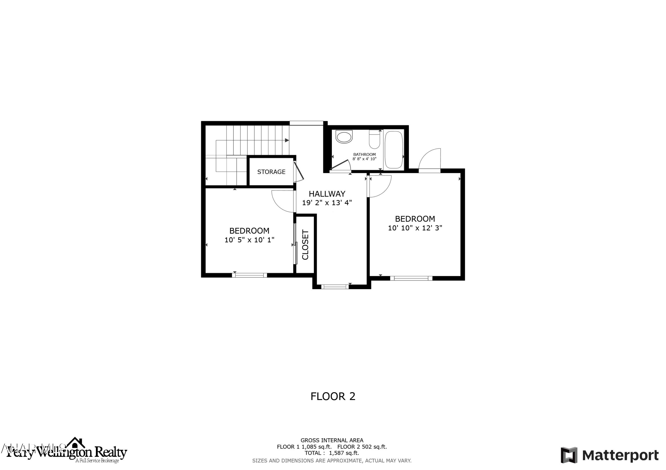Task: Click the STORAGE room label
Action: (271, 172)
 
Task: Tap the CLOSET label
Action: (305, 245)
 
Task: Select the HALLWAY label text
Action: (327, 194)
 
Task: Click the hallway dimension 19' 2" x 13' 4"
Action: (327, 203)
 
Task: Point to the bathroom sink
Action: (344, 137)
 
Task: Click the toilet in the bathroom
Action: (375, 139)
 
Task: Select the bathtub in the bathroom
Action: (394, 150)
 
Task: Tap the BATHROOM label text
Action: (364, 154)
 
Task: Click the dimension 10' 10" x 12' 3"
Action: (415, 228)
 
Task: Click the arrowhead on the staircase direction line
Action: (287, 140)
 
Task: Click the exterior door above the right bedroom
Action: (430, 161)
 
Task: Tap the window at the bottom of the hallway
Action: (335, 287)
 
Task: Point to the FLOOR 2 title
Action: (333, 396)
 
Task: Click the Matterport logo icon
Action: (569, 455)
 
